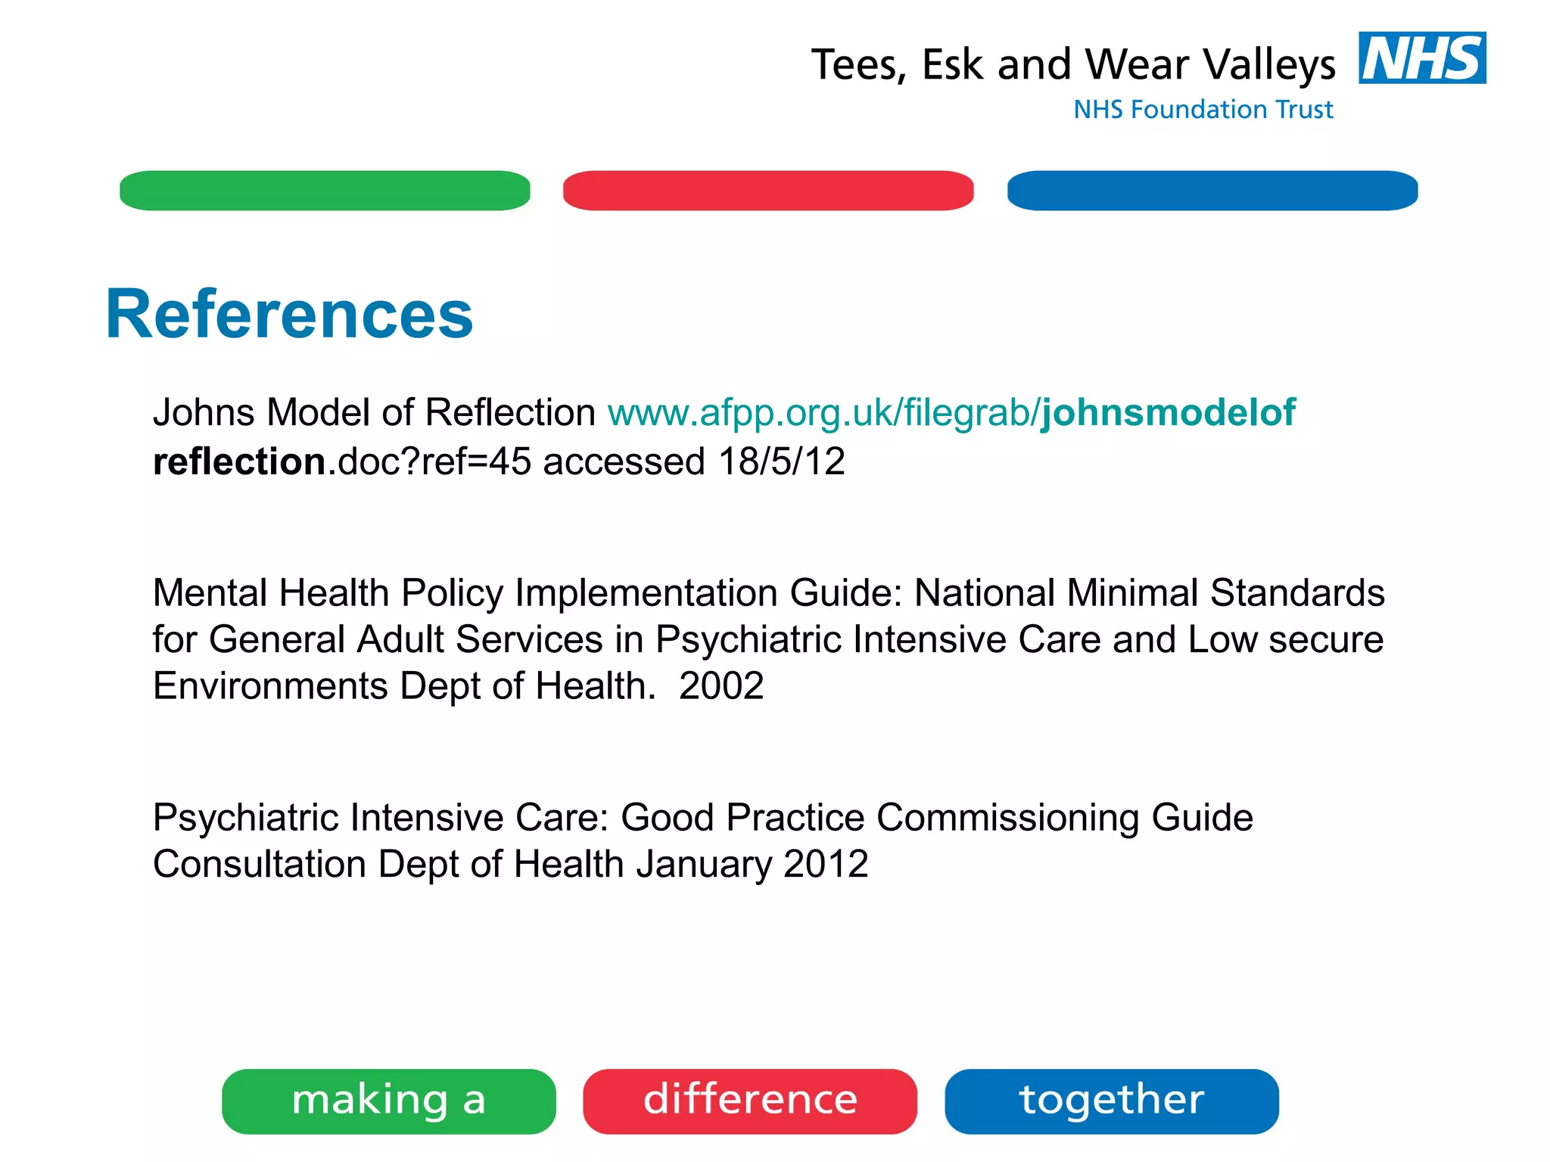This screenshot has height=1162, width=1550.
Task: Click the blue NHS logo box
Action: click(x=1421, y=58)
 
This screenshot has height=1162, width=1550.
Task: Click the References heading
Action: click(x=289, y=314)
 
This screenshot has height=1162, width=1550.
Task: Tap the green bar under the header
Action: click(x=325, y=191)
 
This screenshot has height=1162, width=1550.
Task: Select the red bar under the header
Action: click(x=768, y=191)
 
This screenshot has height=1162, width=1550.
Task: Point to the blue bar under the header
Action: click(x=1212, y=191)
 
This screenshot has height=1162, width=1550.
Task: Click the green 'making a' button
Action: click(x=388, y=1101)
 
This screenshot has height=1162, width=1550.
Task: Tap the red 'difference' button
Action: click(x=750, y=1101)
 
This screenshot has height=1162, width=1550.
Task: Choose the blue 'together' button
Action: click(x=1111, y=1101)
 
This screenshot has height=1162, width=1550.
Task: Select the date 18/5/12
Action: click(x=781, y=461)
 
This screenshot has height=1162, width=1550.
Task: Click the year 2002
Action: click(x=721, y=686)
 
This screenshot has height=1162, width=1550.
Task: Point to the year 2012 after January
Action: click(x=826, y=864)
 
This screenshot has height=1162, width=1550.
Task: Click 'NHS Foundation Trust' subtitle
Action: click(x=1203, y=110)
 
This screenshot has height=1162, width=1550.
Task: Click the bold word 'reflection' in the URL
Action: click(x=239, y=461)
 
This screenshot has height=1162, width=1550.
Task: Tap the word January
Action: click(x=704, y=864)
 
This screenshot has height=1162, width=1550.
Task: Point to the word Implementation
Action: click(x=646, y=593)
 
